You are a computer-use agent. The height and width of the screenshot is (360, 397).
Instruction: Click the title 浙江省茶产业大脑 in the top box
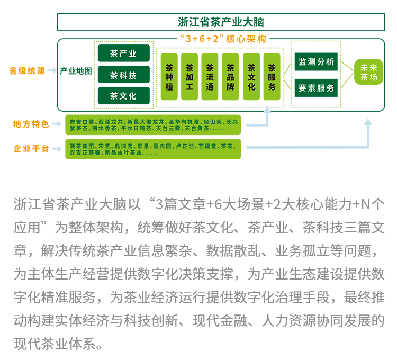click(221, 22)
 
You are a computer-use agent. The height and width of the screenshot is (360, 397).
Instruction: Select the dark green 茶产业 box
click(124, 53)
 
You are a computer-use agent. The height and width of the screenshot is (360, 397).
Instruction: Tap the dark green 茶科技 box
click(124, 75)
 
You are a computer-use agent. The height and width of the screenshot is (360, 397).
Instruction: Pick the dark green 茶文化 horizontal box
click(124, 96)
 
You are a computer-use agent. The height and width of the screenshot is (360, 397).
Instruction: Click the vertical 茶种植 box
click(169, 76)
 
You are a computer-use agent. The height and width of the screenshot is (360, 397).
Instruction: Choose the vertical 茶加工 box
click(190, 76)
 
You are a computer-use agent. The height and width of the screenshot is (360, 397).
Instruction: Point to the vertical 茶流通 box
click(210, 76)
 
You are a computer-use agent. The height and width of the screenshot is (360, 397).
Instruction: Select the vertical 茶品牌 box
click(230, 76)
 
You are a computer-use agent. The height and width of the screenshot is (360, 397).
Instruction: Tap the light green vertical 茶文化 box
click(251, 76)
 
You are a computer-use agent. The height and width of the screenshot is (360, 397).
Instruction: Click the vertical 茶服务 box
click(272, 76)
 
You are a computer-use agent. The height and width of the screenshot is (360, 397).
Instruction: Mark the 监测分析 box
click(316, 61)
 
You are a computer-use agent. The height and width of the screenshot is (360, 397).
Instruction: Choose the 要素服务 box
click(316, 88)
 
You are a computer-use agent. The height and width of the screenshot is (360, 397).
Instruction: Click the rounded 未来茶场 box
click(368, 72)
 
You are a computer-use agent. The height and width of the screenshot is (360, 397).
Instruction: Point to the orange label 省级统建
click(27, 70)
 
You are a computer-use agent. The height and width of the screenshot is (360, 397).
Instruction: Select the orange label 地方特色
click(31, 124)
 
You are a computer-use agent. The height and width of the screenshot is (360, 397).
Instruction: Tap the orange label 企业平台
click(31, 148)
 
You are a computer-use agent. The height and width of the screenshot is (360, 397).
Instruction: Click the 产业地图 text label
click(76, 71)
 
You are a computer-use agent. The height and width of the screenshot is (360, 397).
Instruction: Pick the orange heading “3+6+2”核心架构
click(223, 39)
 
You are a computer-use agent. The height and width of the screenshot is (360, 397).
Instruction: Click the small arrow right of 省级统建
click(51, 70)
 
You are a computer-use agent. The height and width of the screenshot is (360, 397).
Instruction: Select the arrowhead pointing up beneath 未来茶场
click(368, 122)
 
